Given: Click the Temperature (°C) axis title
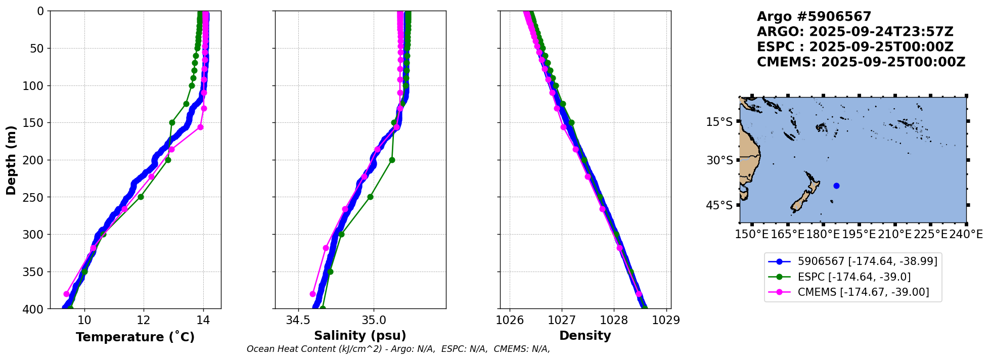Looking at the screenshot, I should (135, 337).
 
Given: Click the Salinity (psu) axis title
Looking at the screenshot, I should (360, 336).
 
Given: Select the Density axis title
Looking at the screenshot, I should (585, 336).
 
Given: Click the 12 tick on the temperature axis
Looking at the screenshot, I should (144, 320).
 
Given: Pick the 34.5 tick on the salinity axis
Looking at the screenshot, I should (298, 320).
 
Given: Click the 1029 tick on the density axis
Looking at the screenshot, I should (666, 320).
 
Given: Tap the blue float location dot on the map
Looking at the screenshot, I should (836, 186).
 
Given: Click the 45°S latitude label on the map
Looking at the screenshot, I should (719, 205).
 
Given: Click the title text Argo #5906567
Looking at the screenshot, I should (814, 17).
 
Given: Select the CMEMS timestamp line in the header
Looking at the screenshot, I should (861, 62).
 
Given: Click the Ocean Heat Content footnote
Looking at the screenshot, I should (398, 349).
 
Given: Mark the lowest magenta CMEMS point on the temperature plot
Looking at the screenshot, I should (66, 294).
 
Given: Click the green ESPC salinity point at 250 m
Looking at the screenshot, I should (370, 197).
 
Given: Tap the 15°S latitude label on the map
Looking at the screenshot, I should (719, 122).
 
